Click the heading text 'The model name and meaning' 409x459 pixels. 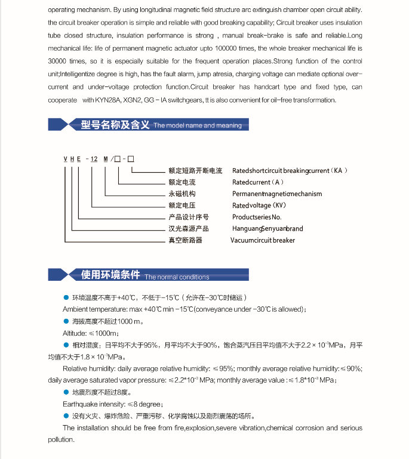[198, 126]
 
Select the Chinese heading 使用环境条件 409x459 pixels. [110, 275]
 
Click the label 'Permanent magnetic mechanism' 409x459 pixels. [277, 194]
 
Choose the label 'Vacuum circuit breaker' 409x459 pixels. [263, 240]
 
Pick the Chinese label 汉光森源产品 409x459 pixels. [188, 229]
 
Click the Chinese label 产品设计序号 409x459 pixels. [188, 217]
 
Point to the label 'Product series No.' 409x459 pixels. [257, 217]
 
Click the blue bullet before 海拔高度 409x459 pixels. [66, 322]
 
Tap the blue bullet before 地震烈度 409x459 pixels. [66, 392]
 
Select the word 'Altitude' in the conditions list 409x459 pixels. [74, 333]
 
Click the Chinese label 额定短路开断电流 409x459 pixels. [195, 170]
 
